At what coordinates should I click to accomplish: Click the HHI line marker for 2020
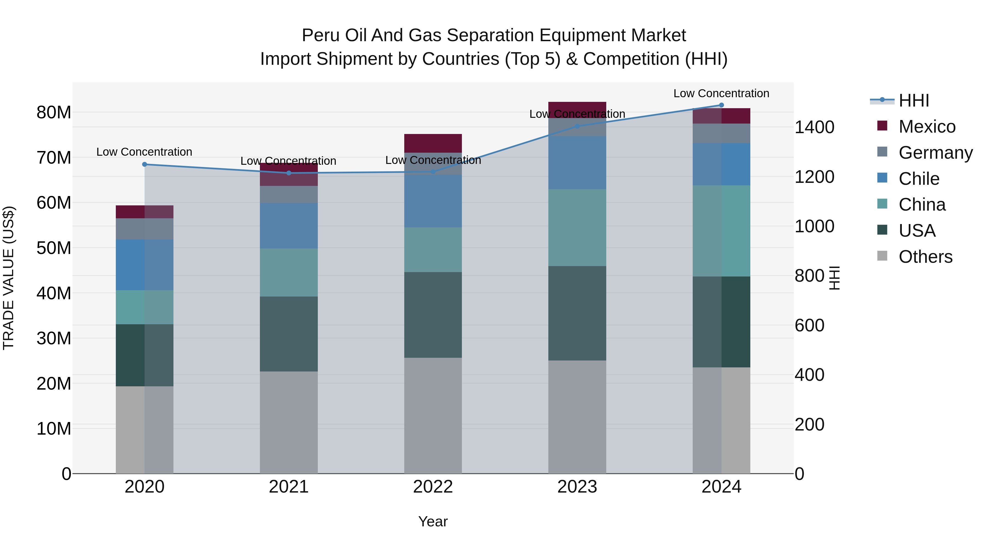(145, 164)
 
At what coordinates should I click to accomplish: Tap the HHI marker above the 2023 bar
(577, 126)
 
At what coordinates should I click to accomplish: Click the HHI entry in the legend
(914, 100)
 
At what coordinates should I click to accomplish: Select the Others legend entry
(925, 257)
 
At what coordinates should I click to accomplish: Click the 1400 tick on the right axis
(814, 127)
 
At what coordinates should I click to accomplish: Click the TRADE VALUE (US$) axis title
(9, 278)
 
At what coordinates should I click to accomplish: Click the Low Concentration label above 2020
(144, 152)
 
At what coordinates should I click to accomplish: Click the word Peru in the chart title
(321, 35)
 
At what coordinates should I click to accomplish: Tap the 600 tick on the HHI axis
(809, 325)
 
